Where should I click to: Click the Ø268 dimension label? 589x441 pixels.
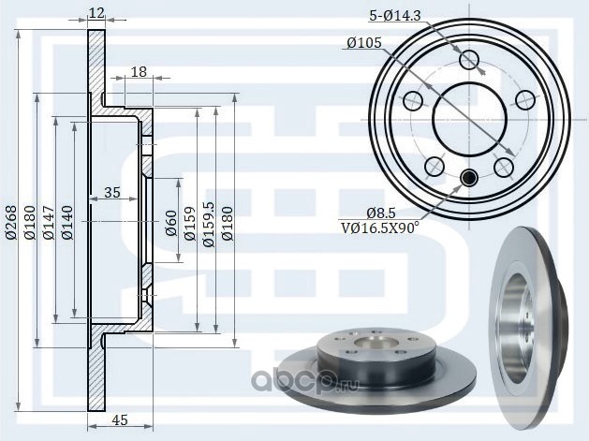pyautogui.click(x=11, y=223)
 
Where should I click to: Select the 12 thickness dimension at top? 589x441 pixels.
pyautogui.click(x=96, y=13)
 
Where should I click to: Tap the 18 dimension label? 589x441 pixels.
pyautogui.click(x=139, y=72)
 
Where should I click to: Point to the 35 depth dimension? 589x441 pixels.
pyautogui.click(x=112, y=192)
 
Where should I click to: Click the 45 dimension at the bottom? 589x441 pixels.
pyautogui.click(x=120, y=419)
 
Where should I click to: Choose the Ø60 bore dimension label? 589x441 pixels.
pyautogui.click(x=171, y=223)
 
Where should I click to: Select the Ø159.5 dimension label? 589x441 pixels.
pyautogui.click(x=209, y=224)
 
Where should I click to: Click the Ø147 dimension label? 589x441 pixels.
pyautogui.click(x=49, y=223)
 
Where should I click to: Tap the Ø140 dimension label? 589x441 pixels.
pyautogui.click(x=67, y=223)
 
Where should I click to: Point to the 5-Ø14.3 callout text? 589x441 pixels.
pyautogui.click(x=395, y=16)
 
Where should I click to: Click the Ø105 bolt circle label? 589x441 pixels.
pyautogui.click(x=364, y=43)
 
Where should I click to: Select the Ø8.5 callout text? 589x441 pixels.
pyautogui.click(x=381, y=213)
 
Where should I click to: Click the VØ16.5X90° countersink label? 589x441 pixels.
pyautogui.click(x=380, y=228)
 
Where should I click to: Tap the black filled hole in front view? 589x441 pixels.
pyautogui.click(x=469, y=177)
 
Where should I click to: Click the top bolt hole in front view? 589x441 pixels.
pyautogui.click(x=469, y=60)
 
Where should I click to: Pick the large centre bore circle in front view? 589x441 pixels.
pyautogui.click(x=469, y=120)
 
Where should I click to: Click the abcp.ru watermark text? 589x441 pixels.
pyautogui.click(x=304, y=380)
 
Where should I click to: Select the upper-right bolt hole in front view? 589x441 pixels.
pyautogui.click(x=524, y=100)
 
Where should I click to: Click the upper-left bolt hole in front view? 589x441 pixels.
pyautogui.click(x=413, y=100)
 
